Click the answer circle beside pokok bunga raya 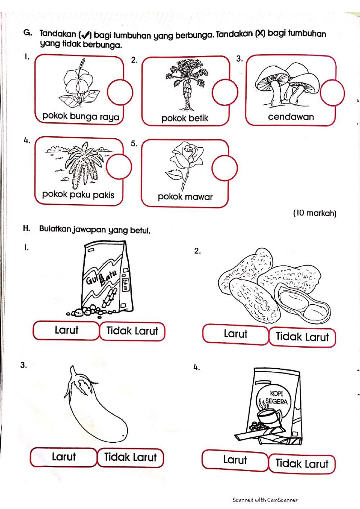[x=120, y=92]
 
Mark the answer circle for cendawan [x=332, y=93]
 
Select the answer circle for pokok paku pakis [x=119, y=167]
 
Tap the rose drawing [x=184, y=162]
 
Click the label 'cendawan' [x=291, y=117]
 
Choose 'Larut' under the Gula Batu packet [x=66, y=330]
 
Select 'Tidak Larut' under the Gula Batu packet [x=132, y=331]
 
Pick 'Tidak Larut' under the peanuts [x=302, y=337]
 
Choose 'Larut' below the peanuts [x=235, y=334]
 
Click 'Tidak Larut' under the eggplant [x=130, y=457]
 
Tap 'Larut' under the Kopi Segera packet [x=235, y=460]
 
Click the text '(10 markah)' [x=315, y=213]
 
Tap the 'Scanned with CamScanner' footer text [x=265, y=500]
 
